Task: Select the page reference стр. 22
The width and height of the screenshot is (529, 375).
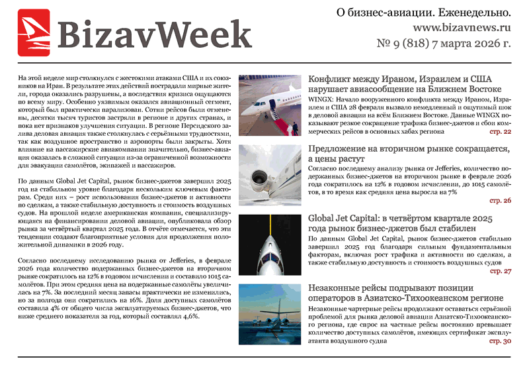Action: click(x=500, y=133)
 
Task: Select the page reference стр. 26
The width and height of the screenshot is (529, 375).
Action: click(x=500, y=200)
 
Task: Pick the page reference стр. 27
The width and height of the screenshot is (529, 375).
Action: click(x=500, y=271)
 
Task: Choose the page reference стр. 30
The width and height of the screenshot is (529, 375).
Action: click(x=500, y=341)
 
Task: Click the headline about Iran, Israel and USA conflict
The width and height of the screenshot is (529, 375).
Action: click(x=405, y=84)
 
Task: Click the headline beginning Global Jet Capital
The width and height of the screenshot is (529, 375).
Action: click(x=401, y=224)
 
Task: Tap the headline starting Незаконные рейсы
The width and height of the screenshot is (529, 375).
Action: click(x=405, y=293)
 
